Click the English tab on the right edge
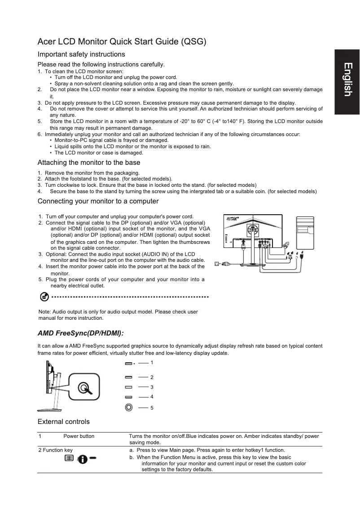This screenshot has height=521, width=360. click(x=347, y=80)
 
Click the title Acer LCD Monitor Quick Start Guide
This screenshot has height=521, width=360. click(x=122, y=42)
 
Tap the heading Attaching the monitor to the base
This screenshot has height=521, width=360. click(x=89, y=163)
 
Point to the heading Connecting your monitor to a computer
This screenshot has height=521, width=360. click(x=98, y=201)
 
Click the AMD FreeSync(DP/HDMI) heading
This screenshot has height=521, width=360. click(x=80, y=333)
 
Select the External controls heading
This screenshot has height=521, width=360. click(x=64, y=421)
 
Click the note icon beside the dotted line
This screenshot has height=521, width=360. click(x=44, y=297)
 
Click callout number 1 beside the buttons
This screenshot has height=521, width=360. click(x=152, y=362)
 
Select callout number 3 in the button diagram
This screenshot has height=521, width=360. click(x=152, y=387)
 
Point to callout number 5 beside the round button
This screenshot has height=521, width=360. click(x=152, y=407)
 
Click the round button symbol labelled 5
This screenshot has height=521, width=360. click(x=129, y=407)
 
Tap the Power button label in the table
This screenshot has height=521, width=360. click(x=79, y=436)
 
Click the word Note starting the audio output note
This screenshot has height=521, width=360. click(x=44, y=312)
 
